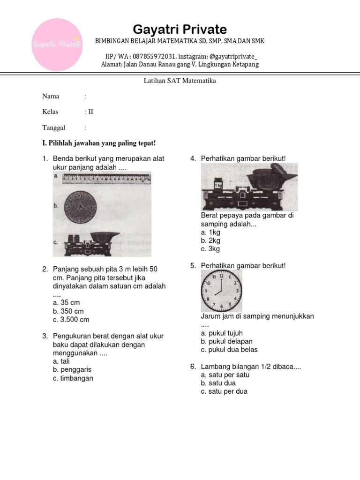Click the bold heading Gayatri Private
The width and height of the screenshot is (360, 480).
click(x=180, y=30)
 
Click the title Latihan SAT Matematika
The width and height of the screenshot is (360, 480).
click(x=180, y=81)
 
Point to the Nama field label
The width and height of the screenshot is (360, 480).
click(x=51, y=96)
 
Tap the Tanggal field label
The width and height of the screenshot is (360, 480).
click(x=54, y=127)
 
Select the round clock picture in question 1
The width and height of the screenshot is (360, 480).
click(x=80, y=207)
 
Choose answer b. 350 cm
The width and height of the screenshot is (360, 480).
click(x=68, y=311)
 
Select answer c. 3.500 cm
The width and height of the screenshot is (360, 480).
click(x=71, y=320)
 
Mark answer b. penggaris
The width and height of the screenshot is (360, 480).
click(x=72, y=370)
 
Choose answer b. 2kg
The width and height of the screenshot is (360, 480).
click(x=210, y=240)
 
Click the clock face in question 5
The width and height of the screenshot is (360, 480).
click(x=222, y=291)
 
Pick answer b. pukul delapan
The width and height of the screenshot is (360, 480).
click(x=226, y=341)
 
